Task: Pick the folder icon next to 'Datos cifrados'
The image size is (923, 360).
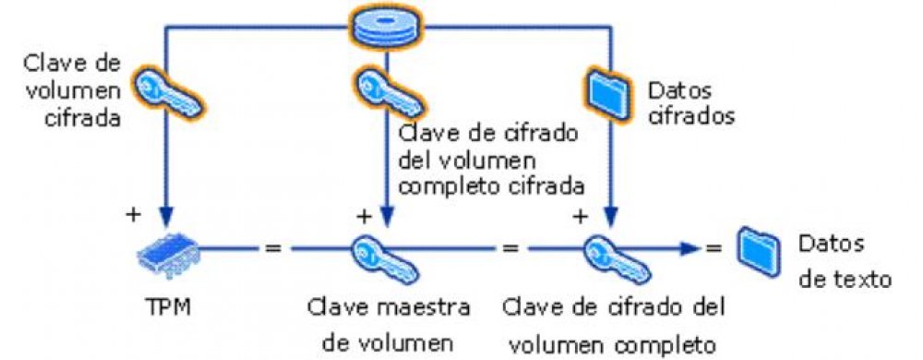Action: coord(605,92)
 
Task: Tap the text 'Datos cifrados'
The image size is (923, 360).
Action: coord(684,104)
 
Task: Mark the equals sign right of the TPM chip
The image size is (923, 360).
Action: coord(273,247)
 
